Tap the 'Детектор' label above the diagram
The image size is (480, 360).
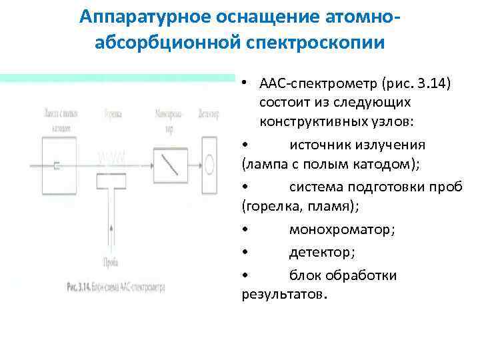[209, 114]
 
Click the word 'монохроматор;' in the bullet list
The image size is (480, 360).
[341, 229]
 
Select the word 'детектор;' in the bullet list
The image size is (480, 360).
[322, 253]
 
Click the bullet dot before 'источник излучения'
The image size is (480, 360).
[245, 145]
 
